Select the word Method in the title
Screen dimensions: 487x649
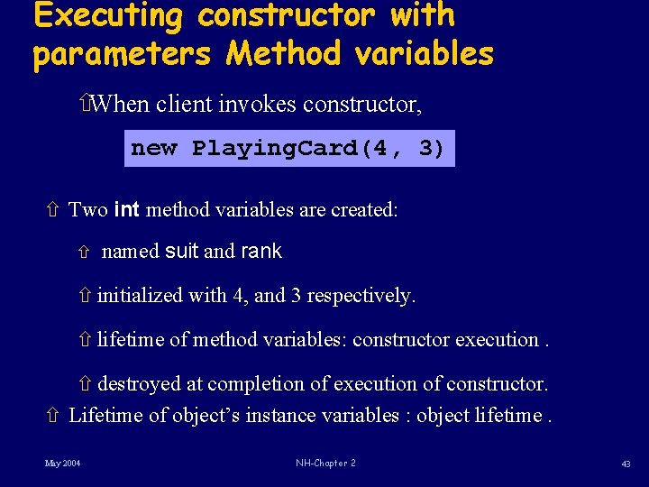click(x=283, y=53)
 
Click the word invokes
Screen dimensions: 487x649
click(x=257, y=105)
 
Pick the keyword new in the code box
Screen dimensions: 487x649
click(x=154, y=148)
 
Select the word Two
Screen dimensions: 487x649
click(x=87, y=210)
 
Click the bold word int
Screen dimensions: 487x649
click(x=127, y=210)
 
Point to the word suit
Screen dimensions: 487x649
click(x=182, y=252)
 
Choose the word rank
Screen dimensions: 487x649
click(x=261, y=252)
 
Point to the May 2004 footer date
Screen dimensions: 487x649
click(x=63, y=464)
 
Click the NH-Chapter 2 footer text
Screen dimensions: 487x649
click(x=325, y=464)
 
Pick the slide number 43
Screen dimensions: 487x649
click(x=626, y=464)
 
